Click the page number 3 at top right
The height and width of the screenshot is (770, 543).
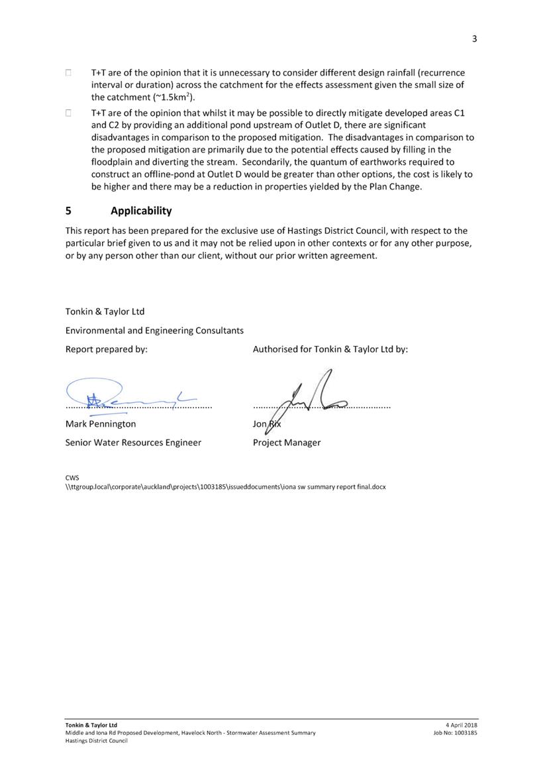tap(474, 38)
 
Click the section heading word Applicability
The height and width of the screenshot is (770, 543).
tap(141, 211)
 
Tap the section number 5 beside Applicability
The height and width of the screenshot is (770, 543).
tap(68, 211)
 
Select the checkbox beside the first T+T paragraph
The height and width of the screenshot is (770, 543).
tap(68, 73)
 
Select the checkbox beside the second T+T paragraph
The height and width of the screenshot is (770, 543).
tap(68, 113)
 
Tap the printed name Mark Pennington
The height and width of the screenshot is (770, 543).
tap(101, 423)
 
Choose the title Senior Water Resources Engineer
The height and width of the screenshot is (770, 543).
tap(133, 442)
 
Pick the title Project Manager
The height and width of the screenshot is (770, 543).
tap(286, 442)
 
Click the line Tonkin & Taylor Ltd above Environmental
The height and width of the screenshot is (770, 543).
tap(105, 311)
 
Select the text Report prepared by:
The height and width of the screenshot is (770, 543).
tap(106, 349)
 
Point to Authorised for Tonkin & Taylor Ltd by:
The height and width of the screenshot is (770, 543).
tap(330, 349)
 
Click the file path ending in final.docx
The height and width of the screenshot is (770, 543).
tap(225, 486)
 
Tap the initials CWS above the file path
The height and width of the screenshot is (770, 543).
tap(72, 476)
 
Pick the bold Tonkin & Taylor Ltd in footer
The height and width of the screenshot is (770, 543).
tap(91, 725)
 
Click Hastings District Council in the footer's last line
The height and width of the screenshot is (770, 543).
tap(96, 741)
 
